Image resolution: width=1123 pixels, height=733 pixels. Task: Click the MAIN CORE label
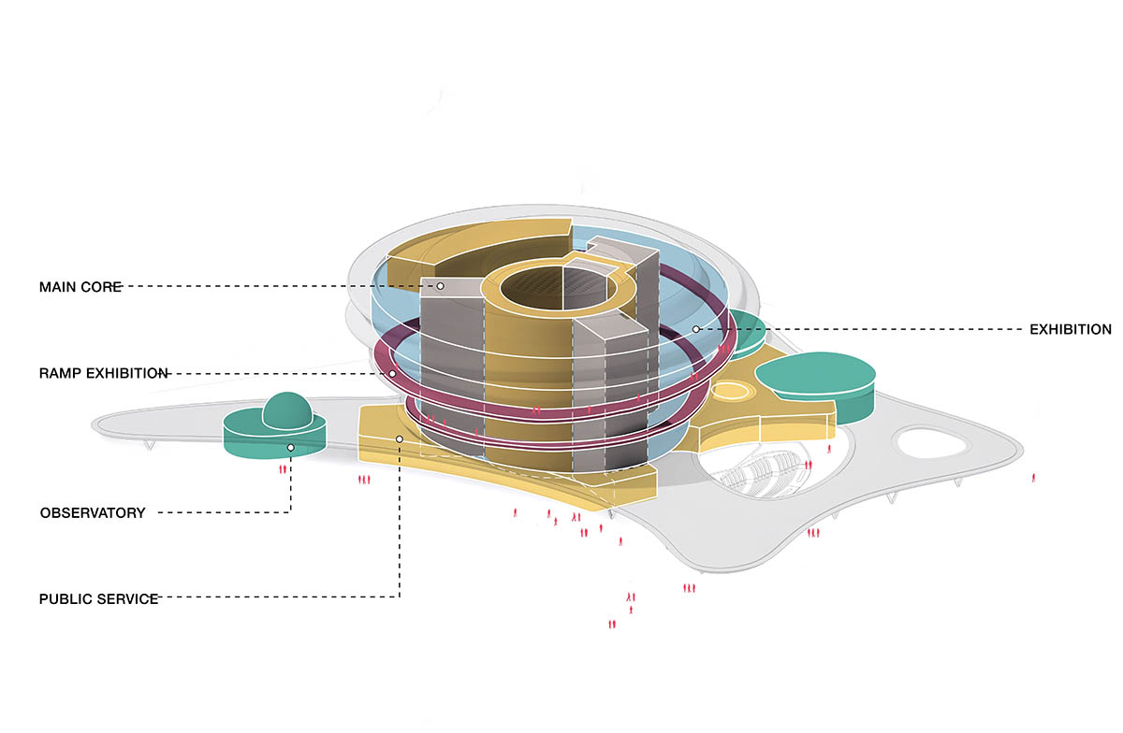click(x=80, y=286)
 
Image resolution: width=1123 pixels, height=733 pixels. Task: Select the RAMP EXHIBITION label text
click(x=104, y=373)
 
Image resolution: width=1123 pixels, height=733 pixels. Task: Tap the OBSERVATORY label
click(x=93, y=512)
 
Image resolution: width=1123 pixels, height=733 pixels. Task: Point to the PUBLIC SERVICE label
click(x=98, y=598)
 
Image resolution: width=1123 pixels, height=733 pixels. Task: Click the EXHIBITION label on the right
click(x=1070, y=329)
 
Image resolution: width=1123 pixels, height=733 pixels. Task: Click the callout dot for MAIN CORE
click(x=440, y=285)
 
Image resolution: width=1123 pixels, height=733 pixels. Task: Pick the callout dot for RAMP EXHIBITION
click(x=391, y=373)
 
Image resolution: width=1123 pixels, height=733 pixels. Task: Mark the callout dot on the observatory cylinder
click(x=291, y=448)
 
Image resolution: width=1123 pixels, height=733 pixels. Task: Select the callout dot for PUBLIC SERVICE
click(x=400, y=438)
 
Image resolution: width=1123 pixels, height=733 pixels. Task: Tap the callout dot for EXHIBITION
click(x=695, y=329)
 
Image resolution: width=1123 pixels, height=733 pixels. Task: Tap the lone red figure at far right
click(x=1033, y=477)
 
